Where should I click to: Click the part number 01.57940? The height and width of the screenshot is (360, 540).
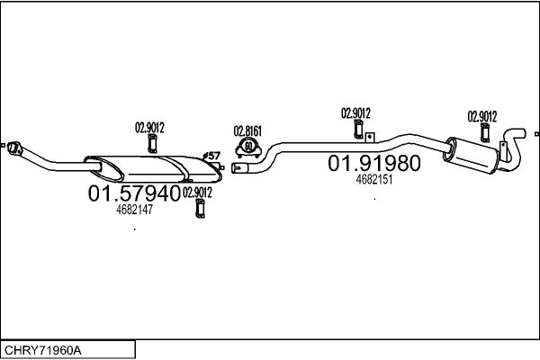pyautogui.click(x=133, y=193)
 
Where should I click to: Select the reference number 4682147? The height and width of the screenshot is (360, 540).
pyautogui.click(x=135, y=210)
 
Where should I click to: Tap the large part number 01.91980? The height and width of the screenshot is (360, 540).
pyautogui.click(x=373, y=164)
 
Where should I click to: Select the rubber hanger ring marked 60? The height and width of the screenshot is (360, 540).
pyautogui.click(x=247, y=146)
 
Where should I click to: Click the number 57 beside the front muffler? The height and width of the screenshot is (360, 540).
pyautogui.click(x=214, y=156)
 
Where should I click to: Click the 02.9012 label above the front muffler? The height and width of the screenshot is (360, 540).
pyautogui.click(x=149, y=127)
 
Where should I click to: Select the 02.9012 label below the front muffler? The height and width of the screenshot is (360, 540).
pyautogui.click(x=197, y=192)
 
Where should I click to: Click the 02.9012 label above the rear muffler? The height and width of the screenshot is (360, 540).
pyautogui.click(x=482, y=115)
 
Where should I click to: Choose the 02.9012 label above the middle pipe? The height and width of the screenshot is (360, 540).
pyautogui.click(x=355, y=112)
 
